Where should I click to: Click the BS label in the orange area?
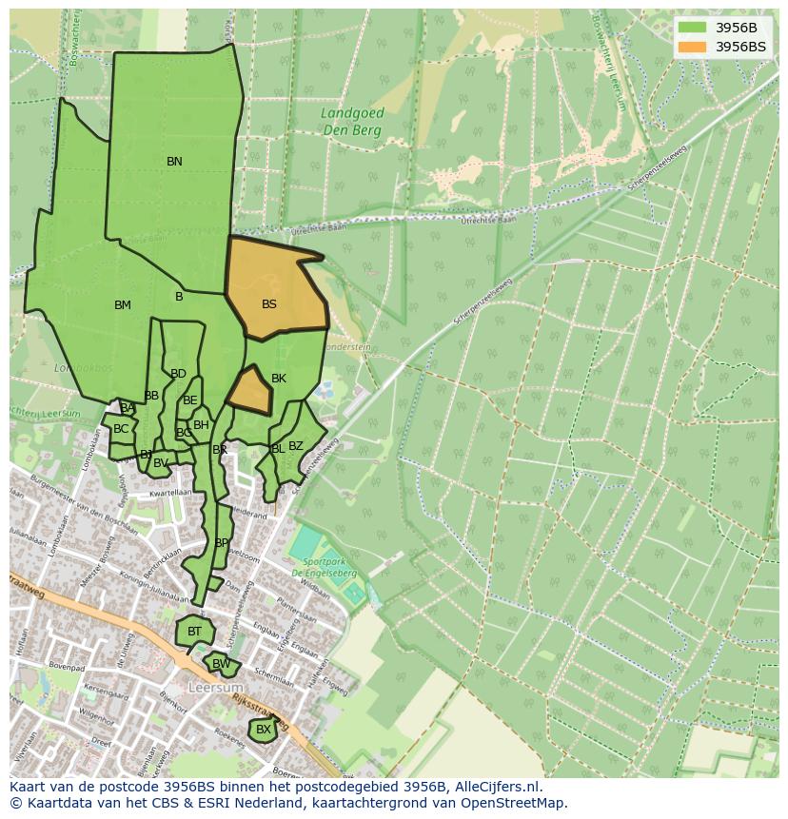269,304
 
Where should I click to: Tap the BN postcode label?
174,162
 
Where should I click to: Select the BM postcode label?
123,305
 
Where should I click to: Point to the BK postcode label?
279,379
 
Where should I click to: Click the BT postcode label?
194,632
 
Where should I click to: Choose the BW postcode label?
221,664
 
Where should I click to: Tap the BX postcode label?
264,730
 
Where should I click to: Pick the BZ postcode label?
296,446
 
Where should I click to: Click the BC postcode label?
121,429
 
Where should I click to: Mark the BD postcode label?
178,374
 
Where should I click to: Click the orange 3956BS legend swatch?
692,46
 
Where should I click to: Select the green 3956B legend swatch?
692,27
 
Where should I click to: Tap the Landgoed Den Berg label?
352,120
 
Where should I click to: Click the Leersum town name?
216,687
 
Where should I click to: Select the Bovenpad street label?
69,668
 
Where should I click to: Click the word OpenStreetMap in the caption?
514,803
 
